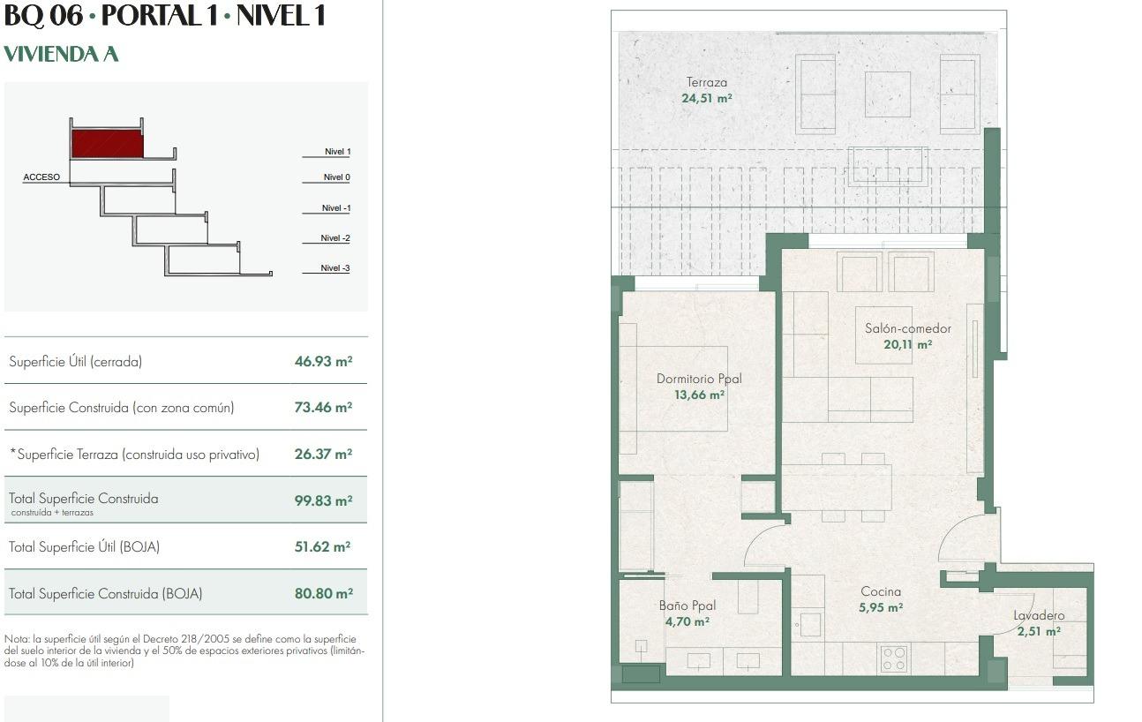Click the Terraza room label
[706, 83]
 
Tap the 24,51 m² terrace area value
[706, 99]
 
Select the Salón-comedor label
[907, 328]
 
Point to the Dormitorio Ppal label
[699, 380]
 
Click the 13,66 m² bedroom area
[699, 395]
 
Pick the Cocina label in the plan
[881, 592]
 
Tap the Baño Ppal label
[687, 605]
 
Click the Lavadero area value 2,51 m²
[1039, 631]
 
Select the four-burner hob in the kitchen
[894, 658]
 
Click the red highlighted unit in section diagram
[107, 144]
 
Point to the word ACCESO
[41, 177]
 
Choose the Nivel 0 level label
[336, 177]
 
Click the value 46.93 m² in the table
[323, 361]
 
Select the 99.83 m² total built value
[323, 500]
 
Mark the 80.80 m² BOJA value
[323, 594]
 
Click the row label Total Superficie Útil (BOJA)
[84, 547]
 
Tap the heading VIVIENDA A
[61, 55]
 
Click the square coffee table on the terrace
[887, 94]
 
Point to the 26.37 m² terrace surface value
[323, 455]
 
